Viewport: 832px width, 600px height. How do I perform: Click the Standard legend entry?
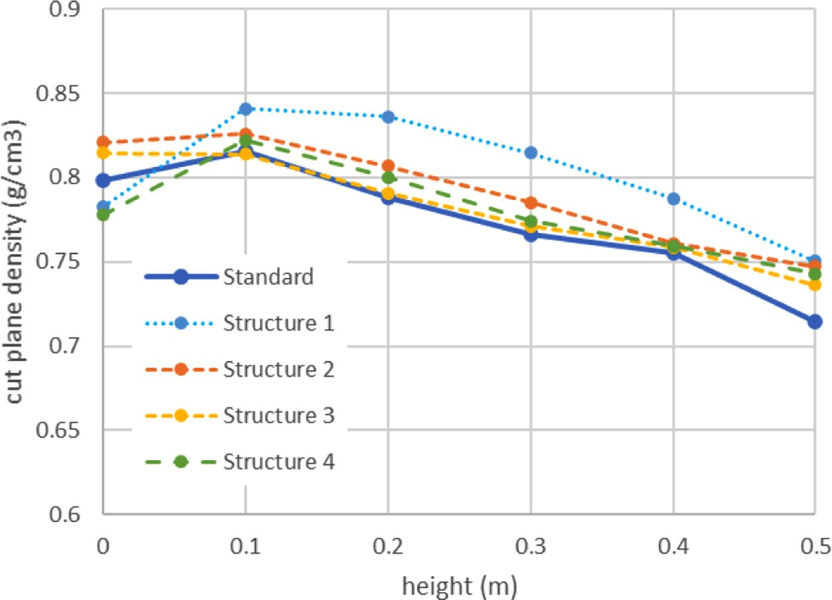[x=267, y=277]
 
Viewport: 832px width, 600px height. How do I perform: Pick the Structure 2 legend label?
[x=278, y=370]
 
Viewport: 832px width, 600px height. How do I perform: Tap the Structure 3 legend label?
[x=278, y=416]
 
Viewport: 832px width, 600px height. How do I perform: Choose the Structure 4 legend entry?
[x=278, y=462]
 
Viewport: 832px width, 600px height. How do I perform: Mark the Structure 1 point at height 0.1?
[x=246, y=108]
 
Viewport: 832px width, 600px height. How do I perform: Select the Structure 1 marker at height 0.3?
[x=530, y=152]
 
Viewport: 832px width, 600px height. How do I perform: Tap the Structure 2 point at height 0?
[x=103, y=142]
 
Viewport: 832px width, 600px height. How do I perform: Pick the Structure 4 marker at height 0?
[x=103, y=215]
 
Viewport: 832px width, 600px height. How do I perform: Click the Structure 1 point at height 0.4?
[x=672, y=199]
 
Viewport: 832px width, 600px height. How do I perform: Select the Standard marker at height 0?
[x=103, y=180]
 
